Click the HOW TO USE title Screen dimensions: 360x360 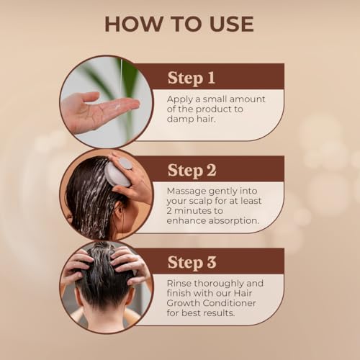tap(179, 23)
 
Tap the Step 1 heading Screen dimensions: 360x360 tap(192, 77)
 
